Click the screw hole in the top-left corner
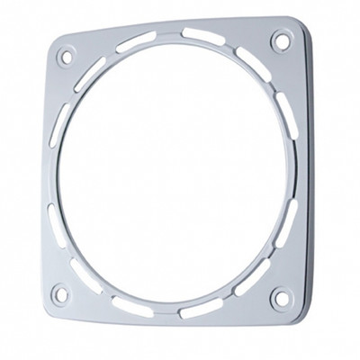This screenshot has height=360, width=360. point(64,58)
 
